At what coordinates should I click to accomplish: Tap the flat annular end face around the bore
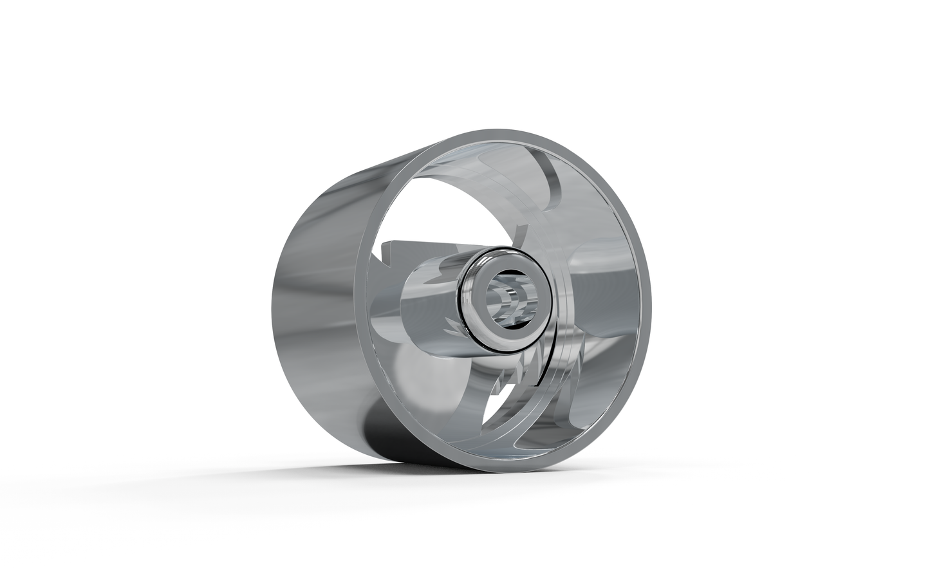(x=479, y=322)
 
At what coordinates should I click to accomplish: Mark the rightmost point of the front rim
(x=649, y=302)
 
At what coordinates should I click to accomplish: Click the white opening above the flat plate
(x=451, y=206)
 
